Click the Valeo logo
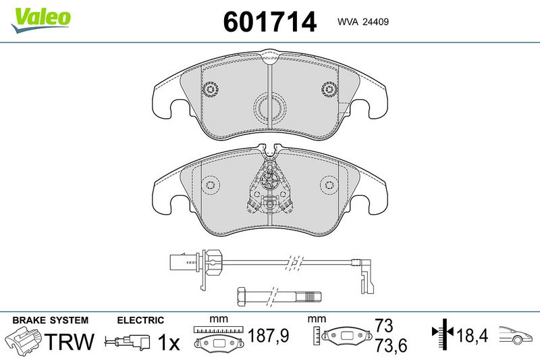(40, 20)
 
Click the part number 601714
(269, 22)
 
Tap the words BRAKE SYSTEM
(50, 320)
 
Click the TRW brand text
(70, 341)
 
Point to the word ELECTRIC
(140, 320)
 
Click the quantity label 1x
(169, 342)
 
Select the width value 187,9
(269, 335)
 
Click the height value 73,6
(391, 345)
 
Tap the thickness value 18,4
(472, 335)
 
